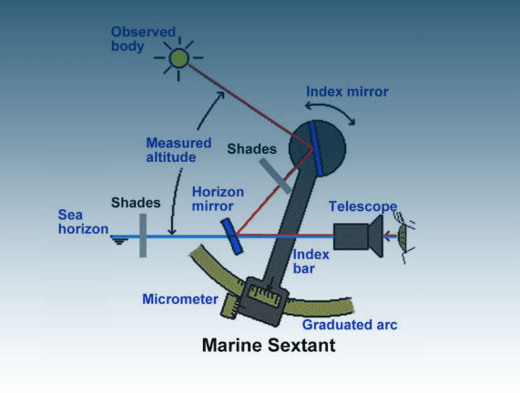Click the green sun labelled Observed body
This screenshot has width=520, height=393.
point(178,58)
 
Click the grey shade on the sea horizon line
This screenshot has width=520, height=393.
point(143,235)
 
